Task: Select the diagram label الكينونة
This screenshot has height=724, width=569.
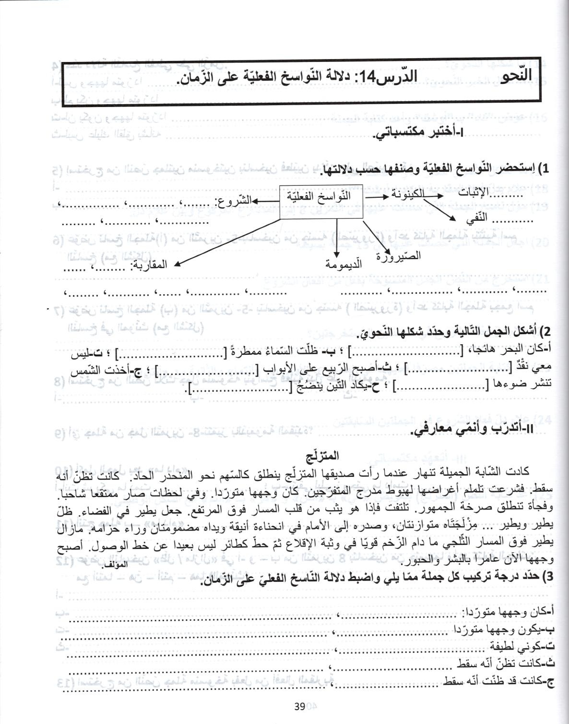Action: click(x=407, y=194)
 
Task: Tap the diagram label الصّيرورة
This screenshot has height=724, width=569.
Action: click(x=399, y=255)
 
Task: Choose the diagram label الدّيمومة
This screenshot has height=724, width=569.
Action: click(x=344, y=264)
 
